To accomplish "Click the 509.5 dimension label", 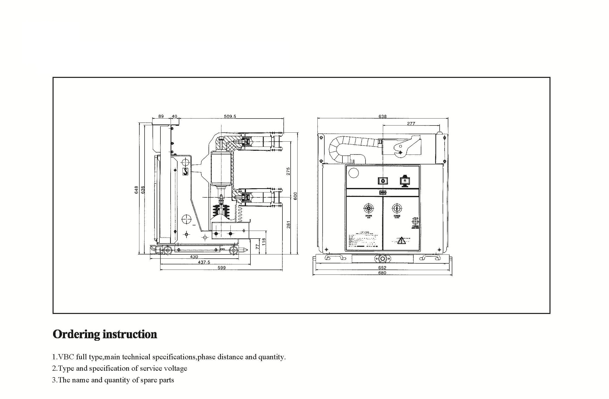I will pos(230,117).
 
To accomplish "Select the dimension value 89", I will pos(161,117).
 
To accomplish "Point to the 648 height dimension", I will pos(136,189).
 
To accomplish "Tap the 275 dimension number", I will pos(288,171).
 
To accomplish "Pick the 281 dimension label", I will pos(288,224).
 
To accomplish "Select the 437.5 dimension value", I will pos(204,262).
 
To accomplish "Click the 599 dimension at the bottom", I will pos(221,268).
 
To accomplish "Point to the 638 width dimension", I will pos(382,117).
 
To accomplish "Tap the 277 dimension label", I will pos(411,123).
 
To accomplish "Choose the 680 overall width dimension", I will pos(382,273).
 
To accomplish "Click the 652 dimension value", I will pos(382,268).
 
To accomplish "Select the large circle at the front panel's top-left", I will pos(354,173).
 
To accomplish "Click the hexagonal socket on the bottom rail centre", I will pos(383,259).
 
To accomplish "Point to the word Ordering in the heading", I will pos(76,334).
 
